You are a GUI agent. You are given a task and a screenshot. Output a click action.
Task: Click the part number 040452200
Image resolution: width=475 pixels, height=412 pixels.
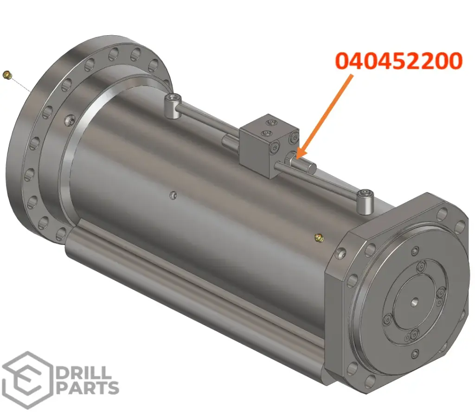(x=399, y=61)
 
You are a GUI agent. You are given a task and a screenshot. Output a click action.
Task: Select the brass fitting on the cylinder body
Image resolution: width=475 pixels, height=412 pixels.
(x=318, y=238)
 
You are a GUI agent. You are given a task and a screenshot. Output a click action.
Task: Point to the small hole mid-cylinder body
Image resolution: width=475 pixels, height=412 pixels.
(x=173, y=195)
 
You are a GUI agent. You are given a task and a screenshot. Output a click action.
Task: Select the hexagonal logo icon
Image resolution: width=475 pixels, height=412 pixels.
(x=26, y=380)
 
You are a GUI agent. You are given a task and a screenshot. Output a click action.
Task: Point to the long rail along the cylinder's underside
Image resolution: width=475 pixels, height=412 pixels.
(x=195, y=283)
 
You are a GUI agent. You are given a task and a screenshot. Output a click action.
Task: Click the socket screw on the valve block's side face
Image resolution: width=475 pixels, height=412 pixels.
(x=276, y=148)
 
